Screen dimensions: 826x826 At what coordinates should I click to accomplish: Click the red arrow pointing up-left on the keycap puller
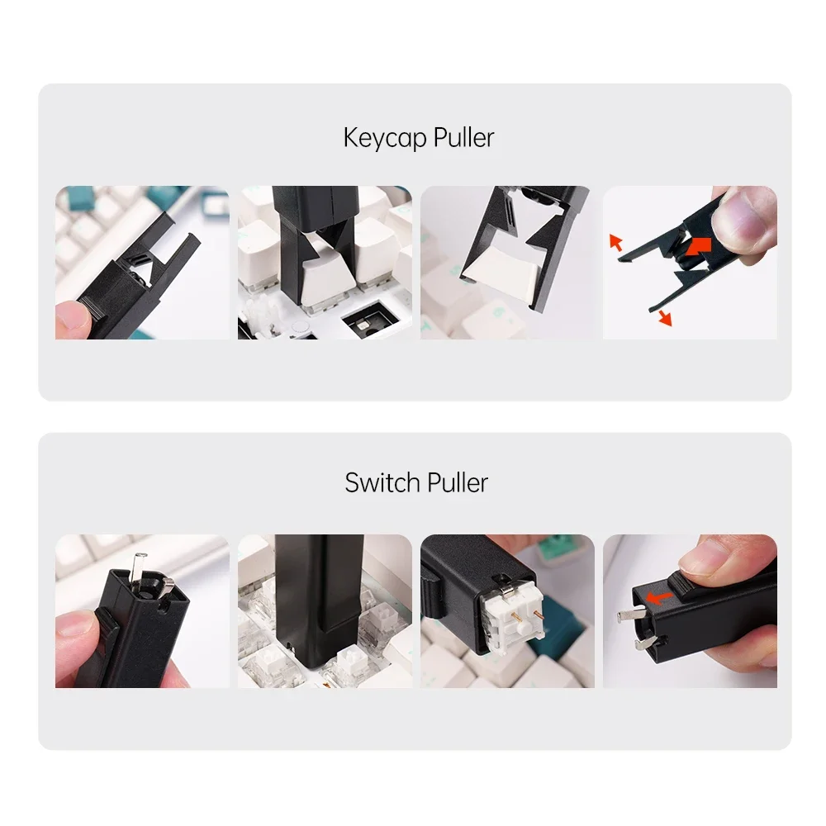click(615, 241)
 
